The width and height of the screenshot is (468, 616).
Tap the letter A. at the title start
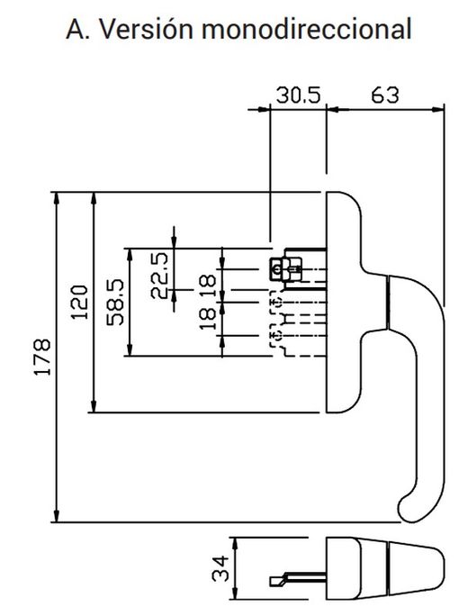coord(82,29)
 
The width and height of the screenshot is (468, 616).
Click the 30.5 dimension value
coord(298,95)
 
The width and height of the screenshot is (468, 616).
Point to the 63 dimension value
coord(385,95)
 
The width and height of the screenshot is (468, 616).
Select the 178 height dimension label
coord(42,358)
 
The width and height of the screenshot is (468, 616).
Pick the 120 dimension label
coord(80,302)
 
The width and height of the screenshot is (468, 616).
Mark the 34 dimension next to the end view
coord(219,568)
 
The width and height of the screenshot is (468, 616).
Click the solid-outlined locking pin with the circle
coord(276,267)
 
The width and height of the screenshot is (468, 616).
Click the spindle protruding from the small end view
coord(292,576)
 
